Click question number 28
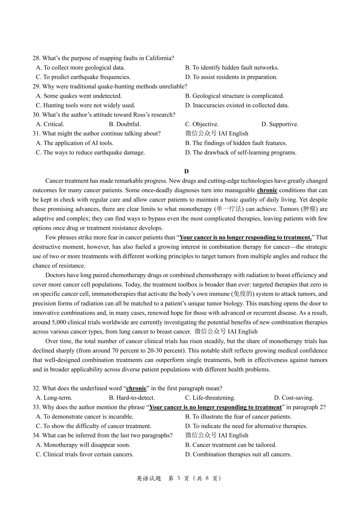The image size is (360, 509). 36,58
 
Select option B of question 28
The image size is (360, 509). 232,68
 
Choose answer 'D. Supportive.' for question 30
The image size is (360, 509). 280,124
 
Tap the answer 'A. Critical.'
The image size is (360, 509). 50,124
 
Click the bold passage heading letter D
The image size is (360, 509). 186,171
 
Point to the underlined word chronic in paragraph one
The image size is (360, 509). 267,190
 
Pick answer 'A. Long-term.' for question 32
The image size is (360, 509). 54,398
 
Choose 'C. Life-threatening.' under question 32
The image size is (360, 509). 210,398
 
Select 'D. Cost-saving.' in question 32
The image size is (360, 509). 294,398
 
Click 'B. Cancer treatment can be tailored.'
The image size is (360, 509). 231,445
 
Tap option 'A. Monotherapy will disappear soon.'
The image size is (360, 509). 83,445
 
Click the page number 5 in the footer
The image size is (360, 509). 179,478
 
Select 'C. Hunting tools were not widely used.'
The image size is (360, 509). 85,105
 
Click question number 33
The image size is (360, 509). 36,407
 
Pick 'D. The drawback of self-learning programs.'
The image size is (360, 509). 241,153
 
